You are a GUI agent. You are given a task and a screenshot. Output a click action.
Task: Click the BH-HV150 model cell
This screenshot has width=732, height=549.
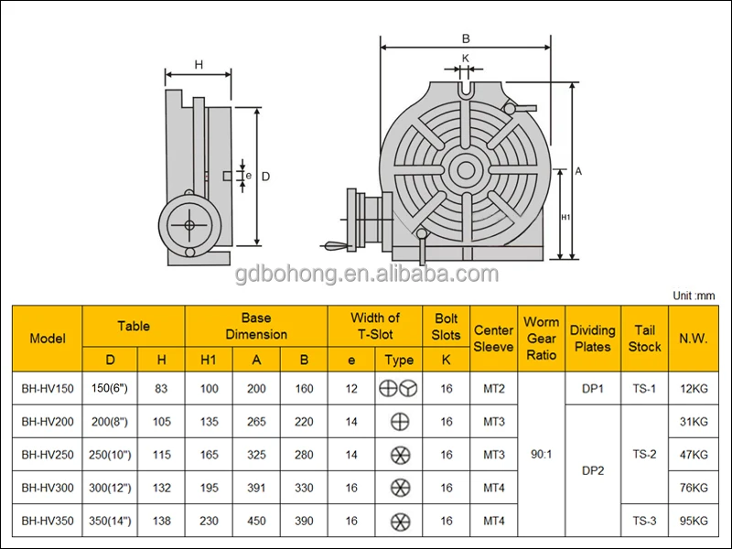(47, 388)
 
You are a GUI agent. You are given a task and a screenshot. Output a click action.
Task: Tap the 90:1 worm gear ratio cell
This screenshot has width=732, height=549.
(541, 455)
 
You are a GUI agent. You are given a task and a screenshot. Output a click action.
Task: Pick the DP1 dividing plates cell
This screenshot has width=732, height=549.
(593, 388)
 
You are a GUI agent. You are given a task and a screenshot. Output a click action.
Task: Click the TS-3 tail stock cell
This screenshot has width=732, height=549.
(645, 522)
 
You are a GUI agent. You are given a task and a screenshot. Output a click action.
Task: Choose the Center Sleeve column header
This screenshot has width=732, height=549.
(493, 338)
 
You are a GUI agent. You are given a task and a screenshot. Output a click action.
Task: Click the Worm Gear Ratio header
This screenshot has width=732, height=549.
(541, 338)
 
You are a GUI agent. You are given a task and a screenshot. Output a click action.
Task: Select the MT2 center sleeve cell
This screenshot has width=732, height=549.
(493, 388)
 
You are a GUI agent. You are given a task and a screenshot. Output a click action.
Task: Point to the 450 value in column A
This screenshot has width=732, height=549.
(256, 522)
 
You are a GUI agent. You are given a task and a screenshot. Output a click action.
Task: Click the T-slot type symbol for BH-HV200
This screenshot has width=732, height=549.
(399, 422)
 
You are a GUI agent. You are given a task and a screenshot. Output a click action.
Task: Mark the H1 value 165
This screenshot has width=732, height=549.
(209, 455)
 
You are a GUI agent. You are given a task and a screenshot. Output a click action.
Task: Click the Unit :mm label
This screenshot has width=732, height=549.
(694, 296)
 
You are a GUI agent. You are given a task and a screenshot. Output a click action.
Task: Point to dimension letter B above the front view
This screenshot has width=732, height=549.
(466, 38)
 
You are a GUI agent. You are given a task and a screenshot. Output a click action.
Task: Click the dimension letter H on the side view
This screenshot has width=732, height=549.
(199, 64)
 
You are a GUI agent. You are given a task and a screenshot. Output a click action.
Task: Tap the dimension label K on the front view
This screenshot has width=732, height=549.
(466, 58)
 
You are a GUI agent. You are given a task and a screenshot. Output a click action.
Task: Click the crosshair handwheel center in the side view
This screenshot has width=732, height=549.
(189, 225)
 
